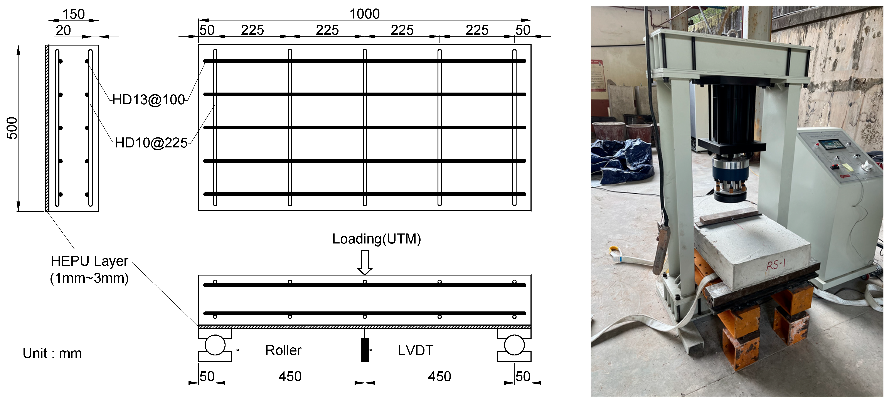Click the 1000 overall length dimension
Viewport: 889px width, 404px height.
click(x=364, y=14)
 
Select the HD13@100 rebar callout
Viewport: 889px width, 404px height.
click(x=148, y=100)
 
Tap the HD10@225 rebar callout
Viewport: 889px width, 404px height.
click(x=151, y=143)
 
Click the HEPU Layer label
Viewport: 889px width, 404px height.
click(x=89, y=261)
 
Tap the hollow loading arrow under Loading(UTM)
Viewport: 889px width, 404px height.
click(x=364, y=262)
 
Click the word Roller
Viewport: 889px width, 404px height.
click(x=283, y=350)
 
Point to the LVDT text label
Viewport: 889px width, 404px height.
click(x=416, y=350)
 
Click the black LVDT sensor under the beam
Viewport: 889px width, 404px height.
click(x=364, y=350)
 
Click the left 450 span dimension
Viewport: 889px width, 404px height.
click(x=290, y=376)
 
